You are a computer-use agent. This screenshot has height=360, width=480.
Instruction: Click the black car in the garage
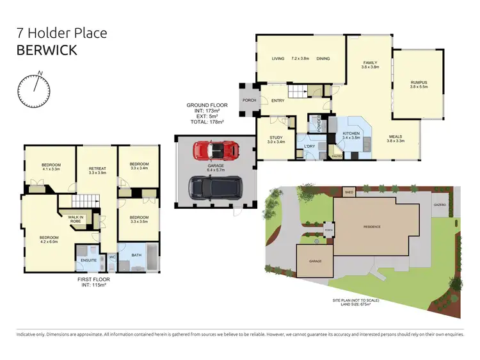[214, 187]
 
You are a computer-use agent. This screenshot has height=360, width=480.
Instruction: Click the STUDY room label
[276, 138]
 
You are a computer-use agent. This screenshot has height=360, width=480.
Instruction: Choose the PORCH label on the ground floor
[247, 101]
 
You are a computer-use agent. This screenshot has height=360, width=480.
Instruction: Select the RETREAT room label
[97, 170]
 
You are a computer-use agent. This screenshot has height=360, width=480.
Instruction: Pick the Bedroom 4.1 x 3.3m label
[51, 167]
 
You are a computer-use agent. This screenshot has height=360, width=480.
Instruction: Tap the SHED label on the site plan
[349, 192]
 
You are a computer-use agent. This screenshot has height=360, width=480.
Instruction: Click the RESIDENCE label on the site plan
[372, 227]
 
